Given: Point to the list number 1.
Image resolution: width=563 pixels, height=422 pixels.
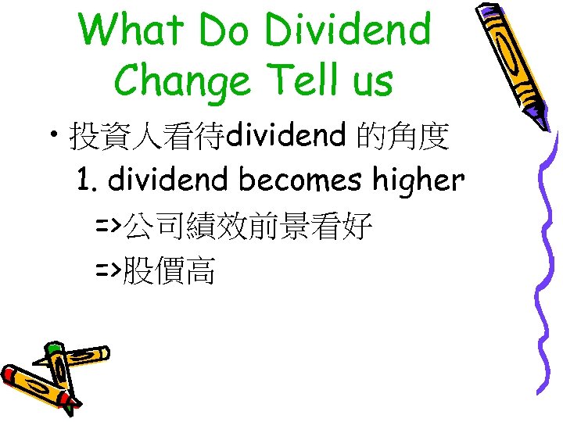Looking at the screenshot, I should pos(86,181).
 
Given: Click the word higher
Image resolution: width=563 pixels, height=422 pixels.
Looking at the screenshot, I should pos(418,181).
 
